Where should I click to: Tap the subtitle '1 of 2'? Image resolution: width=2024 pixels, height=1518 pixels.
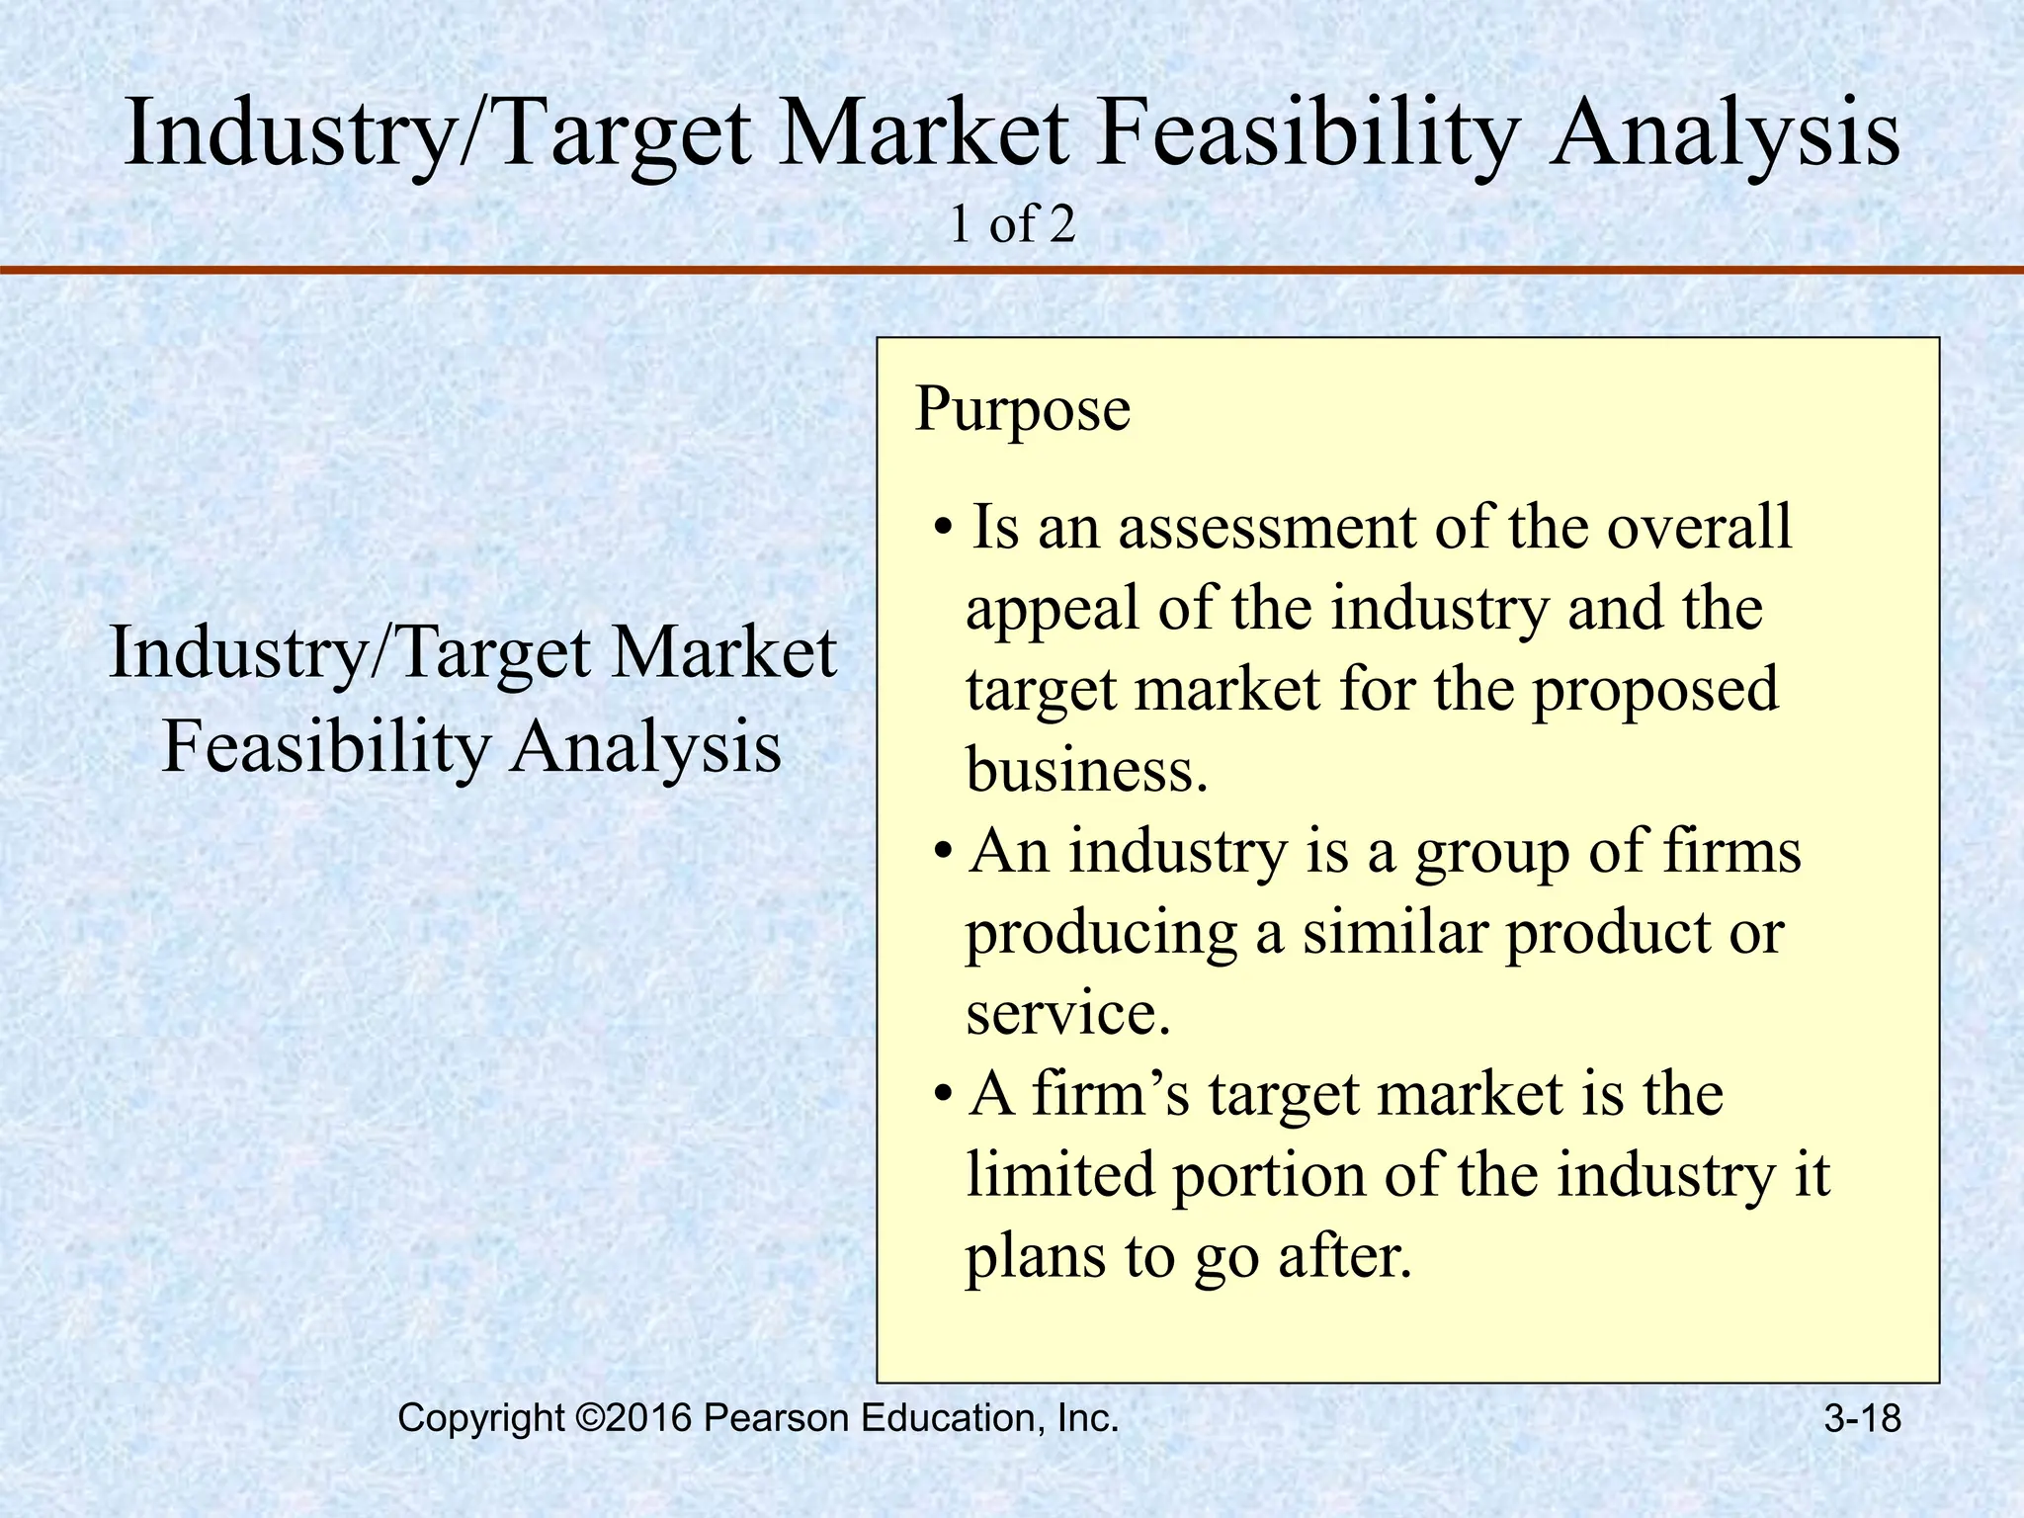(x=1011, y=225)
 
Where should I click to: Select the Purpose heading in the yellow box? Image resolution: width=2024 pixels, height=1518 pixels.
(x=1022, y=408)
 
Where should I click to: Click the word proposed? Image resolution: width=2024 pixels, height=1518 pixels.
(x=1654, y=691)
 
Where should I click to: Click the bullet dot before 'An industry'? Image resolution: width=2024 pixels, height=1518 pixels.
(x=944, y=852)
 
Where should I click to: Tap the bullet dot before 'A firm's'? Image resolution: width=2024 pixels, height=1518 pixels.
(x=944, y=1095)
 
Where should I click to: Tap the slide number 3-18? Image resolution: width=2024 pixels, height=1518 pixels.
(x=1862, y=1419)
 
